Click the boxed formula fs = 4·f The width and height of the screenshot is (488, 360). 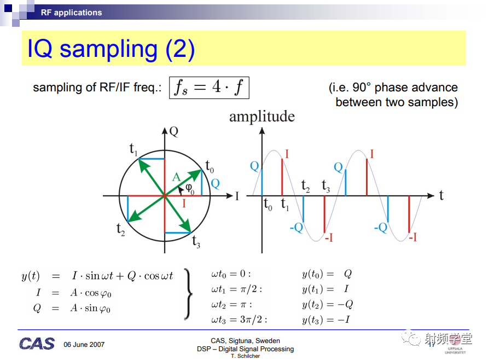tap(209, 88)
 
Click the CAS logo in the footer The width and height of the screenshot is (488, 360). tap(37, 344)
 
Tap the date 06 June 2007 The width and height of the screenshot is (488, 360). tap(84, 345)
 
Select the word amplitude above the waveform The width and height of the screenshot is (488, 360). tap(262, 117)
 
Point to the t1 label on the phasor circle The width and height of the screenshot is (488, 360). tap(133, 149)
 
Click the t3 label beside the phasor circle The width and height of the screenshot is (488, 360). tap(196, 241)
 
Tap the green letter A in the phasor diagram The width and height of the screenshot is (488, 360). tap(176, 177)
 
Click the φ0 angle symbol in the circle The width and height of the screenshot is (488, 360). tap(189, 189)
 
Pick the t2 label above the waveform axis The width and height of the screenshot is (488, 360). tap(305, 186)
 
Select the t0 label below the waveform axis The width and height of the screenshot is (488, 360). tap(268, 205)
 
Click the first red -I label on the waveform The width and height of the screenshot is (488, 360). tap(329, 237)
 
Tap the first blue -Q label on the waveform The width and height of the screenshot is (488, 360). tap(297, 228)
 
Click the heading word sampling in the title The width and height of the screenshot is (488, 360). tap(109, 49)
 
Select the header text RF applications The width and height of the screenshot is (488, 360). tap(71, 13)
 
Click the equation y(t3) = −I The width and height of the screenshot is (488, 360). tap(326, 320)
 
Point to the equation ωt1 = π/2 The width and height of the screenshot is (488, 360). tap(236, 289)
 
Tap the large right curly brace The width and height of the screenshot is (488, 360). tap(188, 294)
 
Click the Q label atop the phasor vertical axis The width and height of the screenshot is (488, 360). tap(174, 132)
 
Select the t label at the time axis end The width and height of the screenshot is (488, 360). tap(441, 195)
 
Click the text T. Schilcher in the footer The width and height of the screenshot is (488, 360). tap(245, 356)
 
